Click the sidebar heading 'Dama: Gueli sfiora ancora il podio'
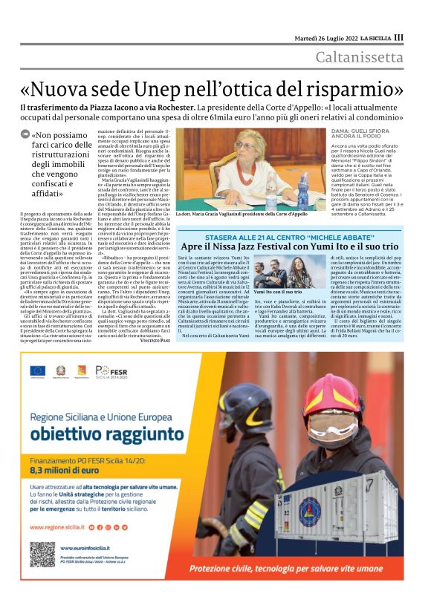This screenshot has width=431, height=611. (364, 135)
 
